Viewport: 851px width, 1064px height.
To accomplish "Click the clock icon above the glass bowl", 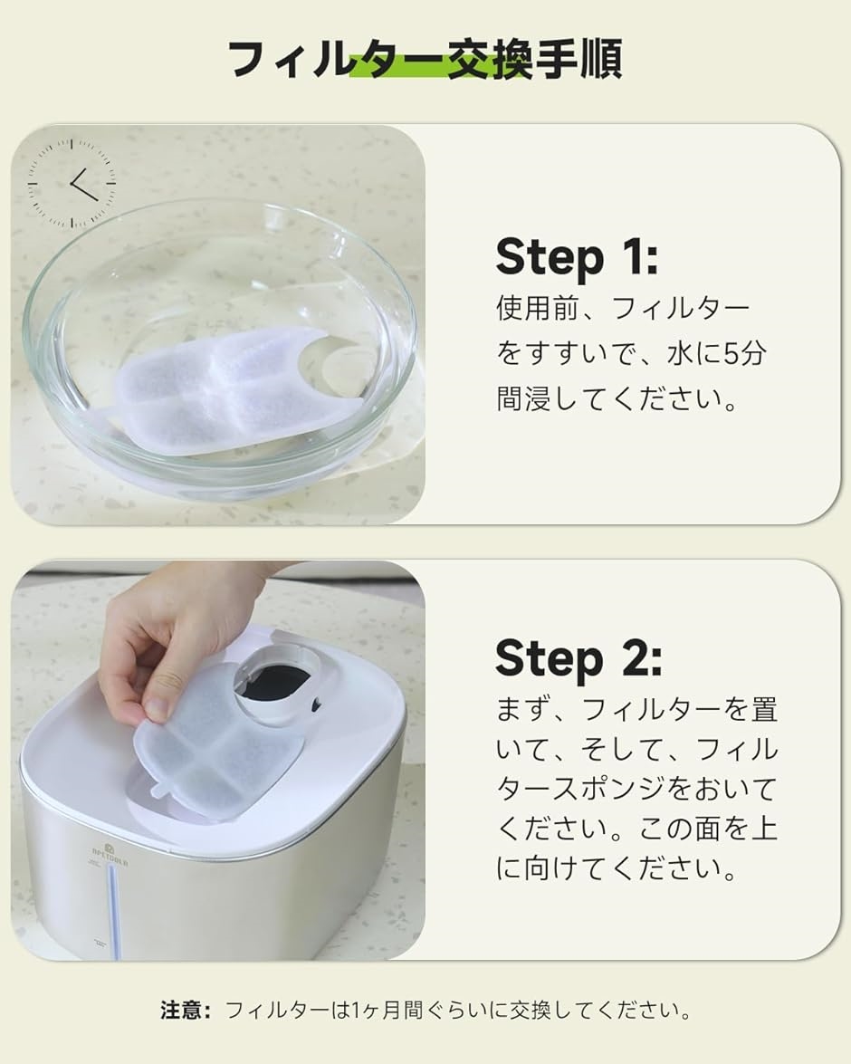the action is click(x=72, y=183).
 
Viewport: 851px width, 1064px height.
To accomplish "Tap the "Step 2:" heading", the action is click(x=578, y=657).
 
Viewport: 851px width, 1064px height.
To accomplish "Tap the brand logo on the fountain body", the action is click(x=110, y=854).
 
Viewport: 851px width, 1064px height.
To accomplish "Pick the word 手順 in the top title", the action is click(x=578, y=59).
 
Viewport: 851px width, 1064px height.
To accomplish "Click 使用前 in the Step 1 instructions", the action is click(x=538, y=308).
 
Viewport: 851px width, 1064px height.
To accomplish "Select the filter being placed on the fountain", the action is click(x=217, y=746).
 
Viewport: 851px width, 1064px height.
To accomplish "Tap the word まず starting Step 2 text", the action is click(x=522, y=711).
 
